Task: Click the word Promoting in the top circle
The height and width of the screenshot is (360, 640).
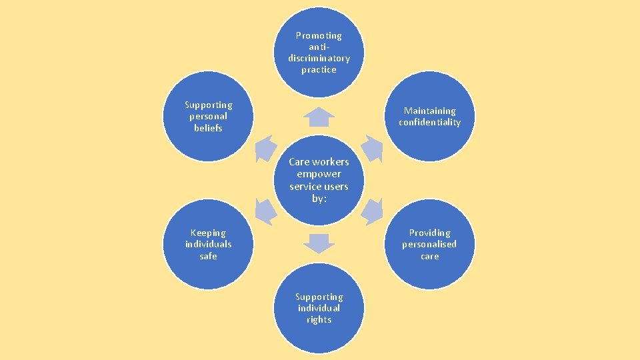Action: tap(319, 35)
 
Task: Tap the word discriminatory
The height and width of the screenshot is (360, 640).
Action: tap(319, 58)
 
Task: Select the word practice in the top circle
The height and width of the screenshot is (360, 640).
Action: tap(319, 69)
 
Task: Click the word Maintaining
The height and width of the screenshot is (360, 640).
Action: tap(430, 111)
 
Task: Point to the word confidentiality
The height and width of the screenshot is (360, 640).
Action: tap(430, 122)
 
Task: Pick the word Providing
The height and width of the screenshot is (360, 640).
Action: tap(430, 233)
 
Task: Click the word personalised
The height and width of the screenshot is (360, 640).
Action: tap(430, 244)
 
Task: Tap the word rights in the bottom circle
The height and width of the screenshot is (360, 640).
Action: tap(319, 319)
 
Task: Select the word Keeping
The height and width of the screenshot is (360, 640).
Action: tap(208, 233)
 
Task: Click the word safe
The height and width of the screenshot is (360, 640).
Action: tap(208, 255)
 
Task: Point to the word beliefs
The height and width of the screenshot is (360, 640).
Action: tap(208, 127)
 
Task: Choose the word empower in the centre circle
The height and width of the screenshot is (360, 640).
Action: tap(319, 174)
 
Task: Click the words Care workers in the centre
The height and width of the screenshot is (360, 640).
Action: tap(319, 162)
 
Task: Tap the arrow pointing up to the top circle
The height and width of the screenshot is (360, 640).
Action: tap(319, 117)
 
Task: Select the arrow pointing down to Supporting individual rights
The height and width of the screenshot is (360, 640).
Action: tap(319, 243)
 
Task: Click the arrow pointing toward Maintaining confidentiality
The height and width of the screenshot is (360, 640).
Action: tap(372, 149)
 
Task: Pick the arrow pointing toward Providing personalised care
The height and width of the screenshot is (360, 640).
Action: tap(372, 211)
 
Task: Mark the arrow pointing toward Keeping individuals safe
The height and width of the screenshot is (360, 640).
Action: tap(265, 211)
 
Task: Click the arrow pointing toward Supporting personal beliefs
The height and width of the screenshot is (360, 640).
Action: tap(265, 149)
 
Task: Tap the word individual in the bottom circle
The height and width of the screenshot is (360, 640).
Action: tap(319, 308)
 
